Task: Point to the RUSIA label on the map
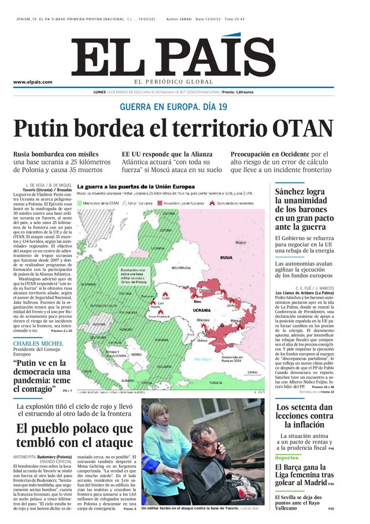pos(227,257)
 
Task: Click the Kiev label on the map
pos(197,302)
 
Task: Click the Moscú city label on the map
pos(241,243)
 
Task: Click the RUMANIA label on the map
pos(161,340)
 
